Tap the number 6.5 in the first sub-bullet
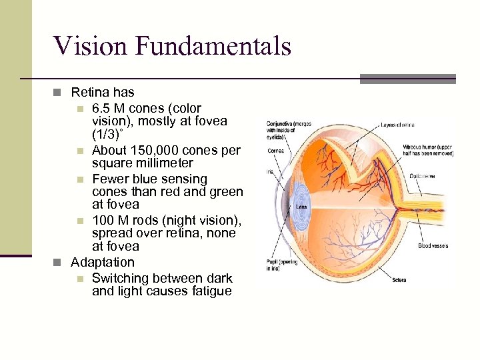click(x=103, y=108)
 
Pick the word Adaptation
click(x=103, y=262)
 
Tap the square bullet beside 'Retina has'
click(x=61, y=93)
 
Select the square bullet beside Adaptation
click(x=61, y=263)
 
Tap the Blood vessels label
click(x=434, y=246)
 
